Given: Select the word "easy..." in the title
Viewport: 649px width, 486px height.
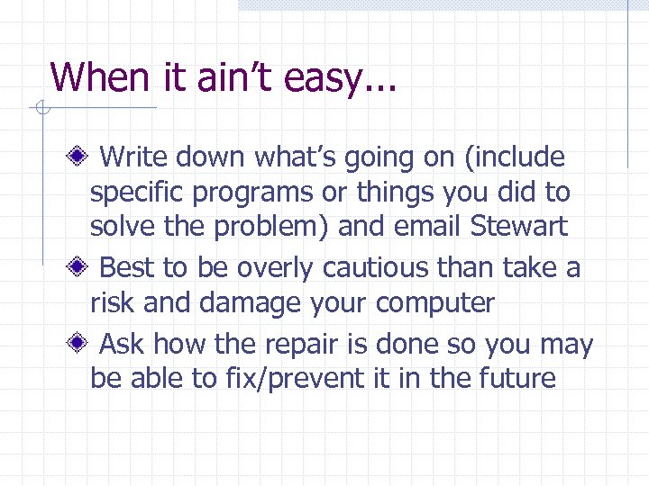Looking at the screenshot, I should click(342, 77).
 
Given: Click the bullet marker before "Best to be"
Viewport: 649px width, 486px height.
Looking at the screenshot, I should click(80, 268).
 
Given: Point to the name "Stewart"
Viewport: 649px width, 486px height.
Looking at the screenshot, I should click(519, 227).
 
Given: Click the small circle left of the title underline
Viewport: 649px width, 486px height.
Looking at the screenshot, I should click(41, 109).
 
